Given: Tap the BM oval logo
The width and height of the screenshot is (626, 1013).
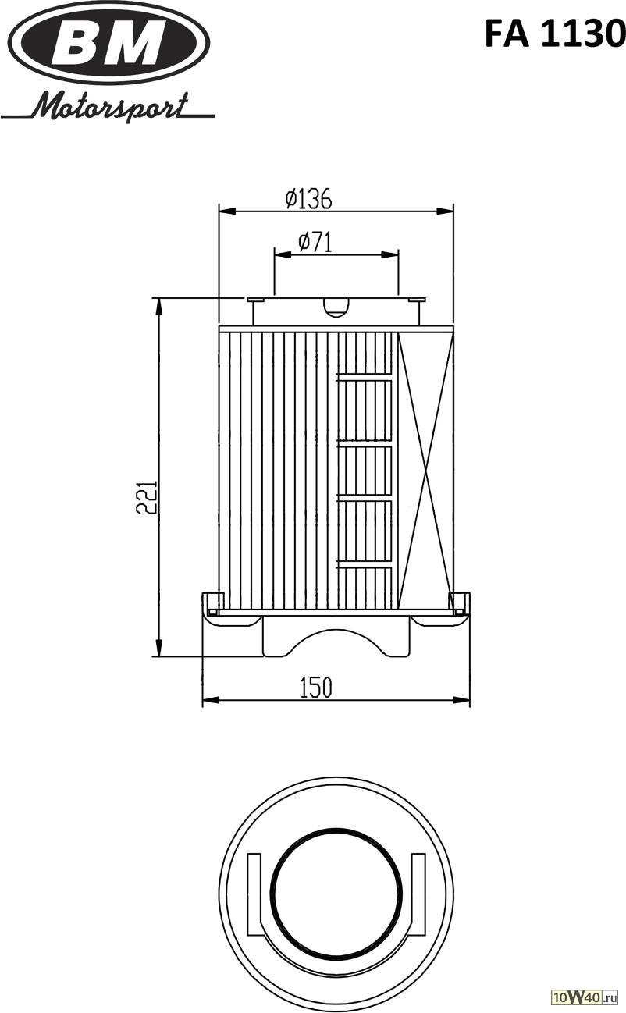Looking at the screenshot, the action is coord(110,43).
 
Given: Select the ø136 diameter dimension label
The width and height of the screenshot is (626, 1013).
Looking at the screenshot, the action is coord(308,198).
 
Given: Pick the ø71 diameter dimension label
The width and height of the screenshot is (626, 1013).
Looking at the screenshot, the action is coord(315,243).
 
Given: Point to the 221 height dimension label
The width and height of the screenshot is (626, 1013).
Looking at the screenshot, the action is coord(146,497).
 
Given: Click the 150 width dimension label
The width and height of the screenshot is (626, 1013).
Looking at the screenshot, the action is coord(315,687).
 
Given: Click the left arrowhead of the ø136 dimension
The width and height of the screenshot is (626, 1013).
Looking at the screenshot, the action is coord(227,211).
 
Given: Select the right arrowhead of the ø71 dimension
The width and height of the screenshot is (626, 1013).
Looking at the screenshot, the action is coord(390,254).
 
